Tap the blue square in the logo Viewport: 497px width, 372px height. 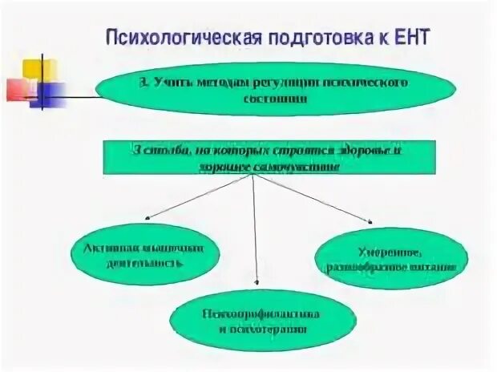tap(48, 93)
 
